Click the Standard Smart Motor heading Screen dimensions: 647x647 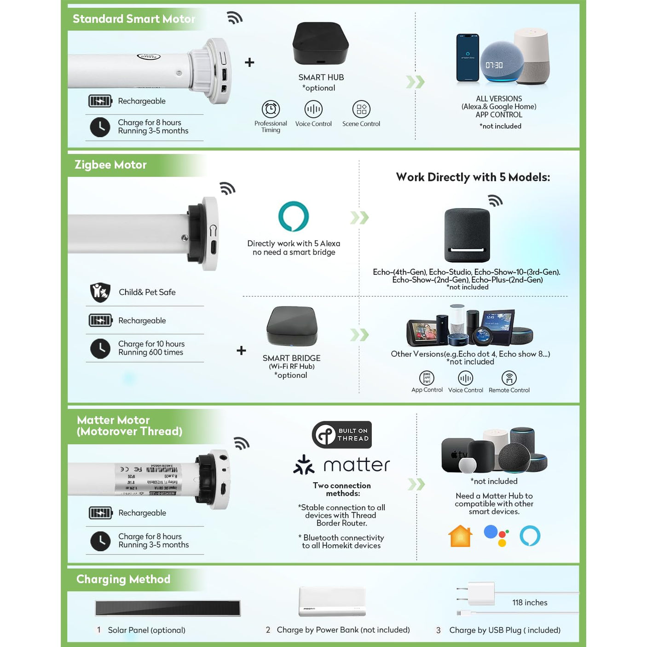tap(134, 19)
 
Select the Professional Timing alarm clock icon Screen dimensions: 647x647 tap(271, 109)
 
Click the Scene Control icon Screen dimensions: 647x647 tap(361, 109)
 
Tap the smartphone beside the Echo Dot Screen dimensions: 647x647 tap(467, 58)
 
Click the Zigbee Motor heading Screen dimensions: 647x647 tap(110, 165)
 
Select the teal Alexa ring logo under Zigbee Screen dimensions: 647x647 tap(294, 216)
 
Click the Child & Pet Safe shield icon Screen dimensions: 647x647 tap(100, 292)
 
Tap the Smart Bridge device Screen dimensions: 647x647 tap(292, 326)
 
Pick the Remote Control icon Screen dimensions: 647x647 tap(509, 378)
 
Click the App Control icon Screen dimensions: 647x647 tap(427, 378)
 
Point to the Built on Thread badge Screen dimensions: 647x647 tap(342, 434)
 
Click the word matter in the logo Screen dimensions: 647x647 tap(357, 465)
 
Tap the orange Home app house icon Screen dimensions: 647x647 tap(460, 536)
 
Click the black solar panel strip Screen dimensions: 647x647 tap(168, 608)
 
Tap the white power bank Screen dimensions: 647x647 tap(332, 601)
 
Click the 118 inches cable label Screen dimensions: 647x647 tap(530, 602)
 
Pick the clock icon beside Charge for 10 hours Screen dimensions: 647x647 tap(100, 348)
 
